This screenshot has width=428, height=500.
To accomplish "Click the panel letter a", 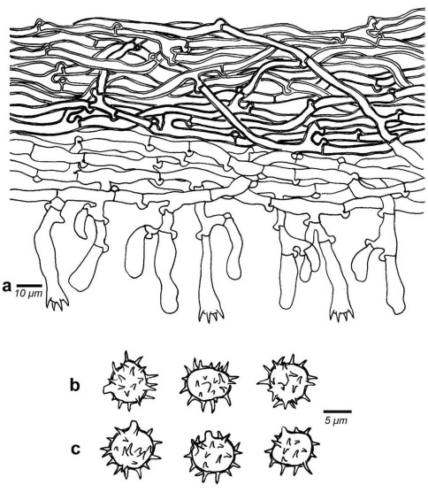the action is point(6,286).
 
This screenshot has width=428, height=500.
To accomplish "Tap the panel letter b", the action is point(74,385).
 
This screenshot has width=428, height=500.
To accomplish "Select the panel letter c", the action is point(75,449).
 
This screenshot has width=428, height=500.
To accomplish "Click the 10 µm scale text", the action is point(28,293).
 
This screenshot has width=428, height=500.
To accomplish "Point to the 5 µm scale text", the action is point(337,420).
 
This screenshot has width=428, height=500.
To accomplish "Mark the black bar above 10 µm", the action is point(29,285).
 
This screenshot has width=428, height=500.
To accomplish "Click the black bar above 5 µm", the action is point(338,412).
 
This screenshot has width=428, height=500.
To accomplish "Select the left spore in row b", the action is point(130,381).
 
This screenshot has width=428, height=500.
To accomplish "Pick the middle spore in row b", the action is point(208,382).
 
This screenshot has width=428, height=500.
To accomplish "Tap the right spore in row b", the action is point(287,381).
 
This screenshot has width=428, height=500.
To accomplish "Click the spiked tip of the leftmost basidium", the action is point(57,303).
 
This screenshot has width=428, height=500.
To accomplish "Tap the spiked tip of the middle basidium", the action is point(211,314).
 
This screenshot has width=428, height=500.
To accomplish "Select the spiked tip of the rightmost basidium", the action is point(342,314).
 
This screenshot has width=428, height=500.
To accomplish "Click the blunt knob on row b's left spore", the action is point(108,388).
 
